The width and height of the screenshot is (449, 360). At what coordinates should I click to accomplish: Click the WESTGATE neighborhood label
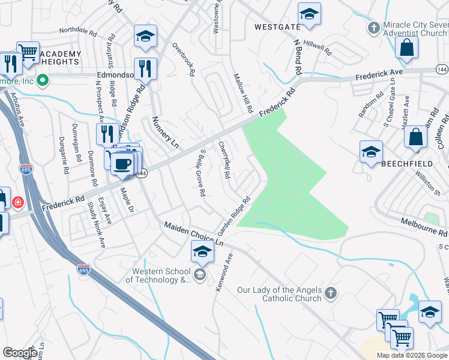coord(277,27)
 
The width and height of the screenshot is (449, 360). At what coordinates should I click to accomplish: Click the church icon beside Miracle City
coord(375,28)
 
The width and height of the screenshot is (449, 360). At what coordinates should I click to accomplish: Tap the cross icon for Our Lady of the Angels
coord(330,293)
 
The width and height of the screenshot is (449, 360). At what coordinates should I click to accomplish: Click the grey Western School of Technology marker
coord(200,275)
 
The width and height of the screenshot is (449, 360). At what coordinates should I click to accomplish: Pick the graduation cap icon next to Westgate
coord(309,15)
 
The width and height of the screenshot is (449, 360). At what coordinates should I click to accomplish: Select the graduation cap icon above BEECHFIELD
coord(371,152)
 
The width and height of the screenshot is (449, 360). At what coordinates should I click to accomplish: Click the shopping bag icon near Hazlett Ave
coord(415,138)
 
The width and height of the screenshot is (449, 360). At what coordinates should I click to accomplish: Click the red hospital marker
coord(19,202)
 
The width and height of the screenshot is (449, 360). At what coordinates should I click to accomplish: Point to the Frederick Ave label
coord(379,74)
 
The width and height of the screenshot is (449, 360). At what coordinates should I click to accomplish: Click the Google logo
coord(20,353)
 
